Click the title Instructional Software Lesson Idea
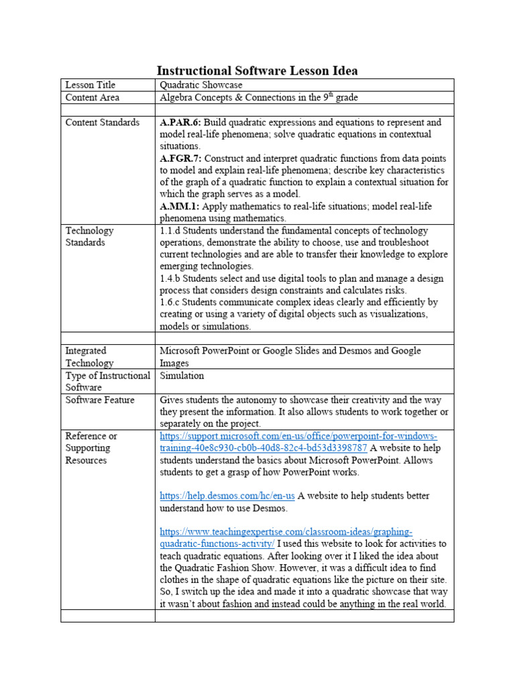click(x=257, y=70)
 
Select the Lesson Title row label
click(x=90, y=85)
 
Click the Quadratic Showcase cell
click(x=201, y=85)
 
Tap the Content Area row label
click(x=93, y=98)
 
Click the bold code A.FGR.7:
click(x=181, y=159)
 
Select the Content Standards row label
click(x=102, y=123)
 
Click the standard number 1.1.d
click(x=171, y=231)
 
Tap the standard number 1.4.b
click(x=171, y=279)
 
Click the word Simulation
click(x=182, y=376)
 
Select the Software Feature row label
click(x=100, y=401)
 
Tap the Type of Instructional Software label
click(x=107, y=382)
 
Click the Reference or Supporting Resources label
click(x=92, y=448)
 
